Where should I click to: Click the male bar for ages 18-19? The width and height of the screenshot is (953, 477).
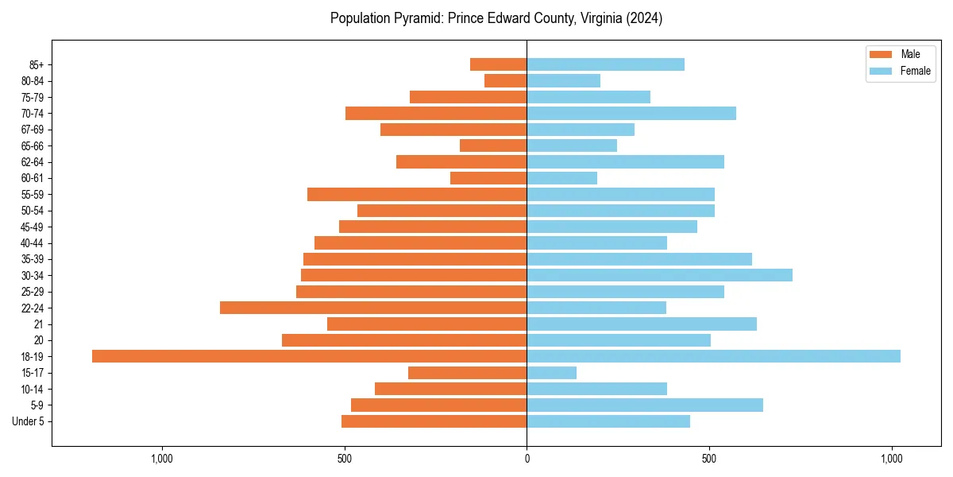[309, 356]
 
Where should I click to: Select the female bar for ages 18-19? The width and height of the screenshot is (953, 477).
[713, 356]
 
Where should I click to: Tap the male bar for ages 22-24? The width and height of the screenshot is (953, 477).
[373, 308]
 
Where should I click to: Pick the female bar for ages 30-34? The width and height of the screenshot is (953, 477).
[659, 275]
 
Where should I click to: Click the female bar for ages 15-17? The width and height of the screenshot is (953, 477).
[551, 373]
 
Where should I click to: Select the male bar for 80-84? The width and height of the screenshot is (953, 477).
[506, 80]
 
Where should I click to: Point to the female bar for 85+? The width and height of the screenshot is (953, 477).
[605, 64]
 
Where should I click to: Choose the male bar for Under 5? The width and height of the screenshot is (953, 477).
[434, 421]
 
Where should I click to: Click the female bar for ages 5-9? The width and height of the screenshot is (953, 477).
[645, 405]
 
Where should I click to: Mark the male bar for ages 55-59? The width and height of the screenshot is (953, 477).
[417, 194]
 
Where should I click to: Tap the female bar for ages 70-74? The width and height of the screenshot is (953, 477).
[631, 113]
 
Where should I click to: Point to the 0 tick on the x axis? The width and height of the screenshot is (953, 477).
[527, 459]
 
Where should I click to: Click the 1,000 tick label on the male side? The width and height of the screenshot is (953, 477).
[161, 459]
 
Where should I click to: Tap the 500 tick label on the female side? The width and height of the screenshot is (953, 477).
[709, 459]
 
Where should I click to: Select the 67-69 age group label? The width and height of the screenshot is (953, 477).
[33, 130]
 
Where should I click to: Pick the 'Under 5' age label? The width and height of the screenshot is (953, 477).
[29, 421]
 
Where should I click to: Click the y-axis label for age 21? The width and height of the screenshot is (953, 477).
[38, 324]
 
